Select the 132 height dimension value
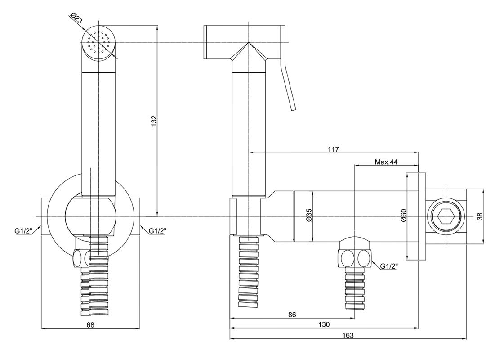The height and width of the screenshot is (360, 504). point(154,121)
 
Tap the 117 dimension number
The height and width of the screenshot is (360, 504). point(333,149)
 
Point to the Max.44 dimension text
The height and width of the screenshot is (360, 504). point(386,162)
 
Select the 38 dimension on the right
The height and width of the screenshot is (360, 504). point(480,216)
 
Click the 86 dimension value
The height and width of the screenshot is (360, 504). point(292,315)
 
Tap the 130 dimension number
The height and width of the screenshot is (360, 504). point(324,324)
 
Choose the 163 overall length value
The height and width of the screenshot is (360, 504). point(348,335)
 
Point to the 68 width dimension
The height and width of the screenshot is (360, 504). point(90,324)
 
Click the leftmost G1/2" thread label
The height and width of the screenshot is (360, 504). point(22,231)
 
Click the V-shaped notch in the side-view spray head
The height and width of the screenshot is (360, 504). point(246,53)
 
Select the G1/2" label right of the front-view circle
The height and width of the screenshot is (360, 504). point(158,231)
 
